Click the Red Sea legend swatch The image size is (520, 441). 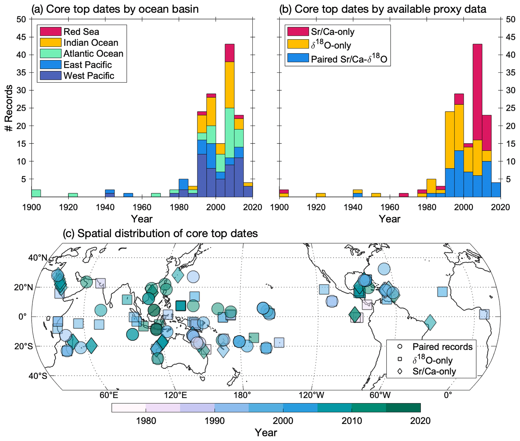click(51, 31)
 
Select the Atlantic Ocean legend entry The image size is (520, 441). click(93, 54)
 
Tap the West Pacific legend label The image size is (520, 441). click(89, 76)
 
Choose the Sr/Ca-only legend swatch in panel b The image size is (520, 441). click(298, 31)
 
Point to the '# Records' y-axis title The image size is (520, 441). click(9, 108)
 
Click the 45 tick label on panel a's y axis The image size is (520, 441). click(21, 37)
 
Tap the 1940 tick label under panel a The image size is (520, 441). click(105, 207)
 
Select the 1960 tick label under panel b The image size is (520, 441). click(390, 207)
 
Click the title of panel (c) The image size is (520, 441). click(160, 233)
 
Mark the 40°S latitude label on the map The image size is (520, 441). click(38, 376)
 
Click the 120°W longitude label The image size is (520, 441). click(311, 395)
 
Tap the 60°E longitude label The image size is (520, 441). click(109, 395)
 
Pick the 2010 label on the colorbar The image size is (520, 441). click(351, 421)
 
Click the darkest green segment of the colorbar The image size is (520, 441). click(403, 408)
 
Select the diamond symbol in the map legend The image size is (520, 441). click(399, 371)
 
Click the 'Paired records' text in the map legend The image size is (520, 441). click(442, 347)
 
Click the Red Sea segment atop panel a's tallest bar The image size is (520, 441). click(229, 53)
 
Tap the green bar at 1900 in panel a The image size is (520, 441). click(36, 193)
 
